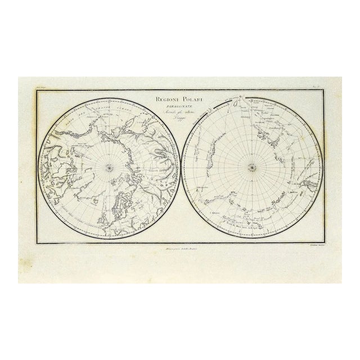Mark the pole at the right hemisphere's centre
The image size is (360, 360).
click(251, 166)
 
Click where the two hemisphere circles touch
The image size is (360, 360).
click(179, 166)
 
